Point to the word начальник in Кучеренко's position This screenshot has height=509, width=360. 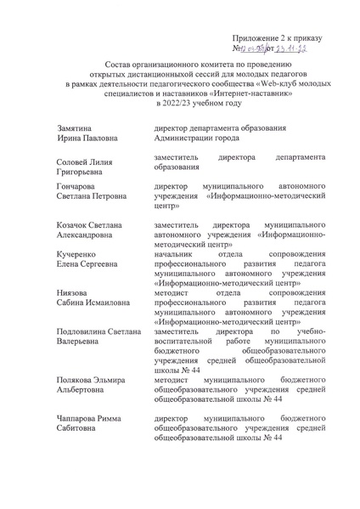pos(174,254)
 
